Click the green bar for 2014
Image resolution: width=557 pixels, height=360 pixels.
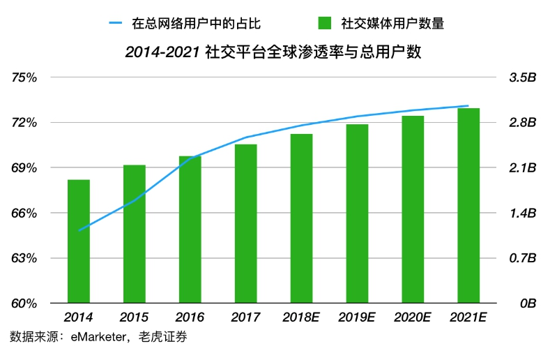click(79, 241)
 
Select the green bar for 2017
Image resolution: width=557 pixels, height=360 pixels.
click(245, 223)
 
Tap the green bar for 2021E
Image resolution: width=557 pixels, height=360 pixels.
click(468, 206)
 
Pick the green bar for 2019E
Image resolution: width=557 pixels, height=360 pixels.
click(357, 213)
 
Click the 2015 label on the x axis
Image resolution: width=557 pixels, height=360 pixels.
click(134, 317)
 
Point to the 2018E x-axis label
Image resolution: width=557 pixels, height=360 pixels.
click(301, 317)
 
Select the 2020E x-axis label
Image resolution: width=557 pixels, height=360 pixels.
click(413, 317)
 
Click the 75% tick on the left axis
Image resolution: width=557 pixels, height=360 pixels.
click(24, 77)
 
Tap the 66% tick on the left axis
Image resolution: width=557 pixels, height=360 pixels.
click(24, 213)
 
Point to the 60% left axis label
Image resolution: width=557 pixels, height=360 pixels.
click(24, 303)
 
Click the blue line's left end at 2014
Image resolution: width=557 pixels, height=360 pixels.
click(79, 230)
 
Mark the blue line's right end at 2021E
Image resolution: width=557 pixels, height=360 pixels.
click(468, 106)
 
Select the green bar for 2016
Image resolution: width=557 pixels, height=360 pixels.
click(190, 230)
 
